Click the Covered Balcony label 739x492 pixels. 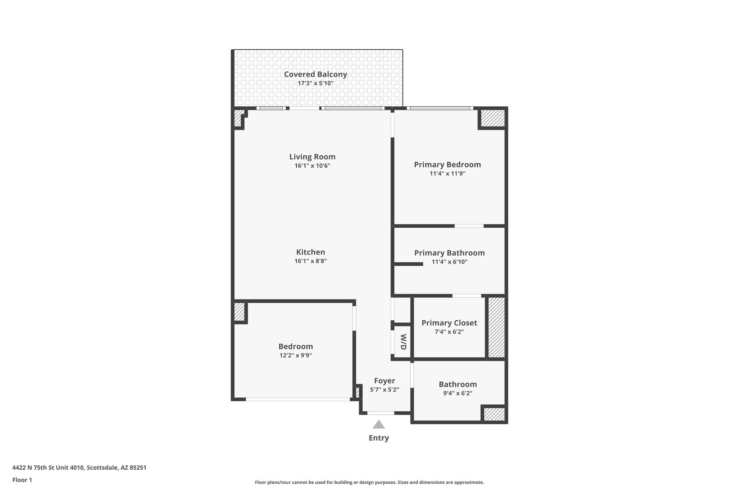tap(315, 74)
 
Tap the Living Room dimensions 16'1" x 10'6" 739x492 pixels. tap(312, 166)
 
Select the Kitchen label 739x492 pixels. tap(310, 252)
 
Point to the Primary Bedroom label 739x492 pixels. tap(447, 164)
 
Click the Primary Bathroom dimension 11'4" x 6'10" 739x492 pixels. tap(449, 262)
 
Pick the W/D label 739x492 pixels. tap(403, 342)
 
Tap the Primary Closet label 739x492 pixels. tap(449, 323)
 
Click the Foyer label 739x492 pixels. tap(384, 381)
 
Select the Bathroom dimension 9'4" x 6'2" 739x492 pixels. tap(458, 393)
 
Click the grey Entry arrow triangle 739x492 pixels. tap(379, 425)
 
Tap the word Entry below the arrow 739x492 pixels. tap(379, 438)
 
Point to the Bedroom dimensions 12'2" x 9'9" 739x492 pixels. tap(296, 355)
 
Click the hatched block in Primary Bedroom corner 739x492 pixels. tap(493, 118)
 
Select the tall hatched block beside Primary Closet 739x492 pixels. tap(496, 327)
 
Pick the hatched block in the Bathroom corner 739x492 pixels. tap(494, 414)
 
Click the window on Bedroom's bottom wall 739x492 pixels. tap(298, 399)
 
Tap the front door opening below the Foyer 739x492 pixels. tap(381, 413)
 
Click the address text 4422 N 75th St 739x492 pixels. tap(79, 468)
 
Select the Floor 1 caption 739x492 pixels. tap(22, 480)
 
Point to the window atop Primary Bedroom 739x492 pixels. tap(440, 108)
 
